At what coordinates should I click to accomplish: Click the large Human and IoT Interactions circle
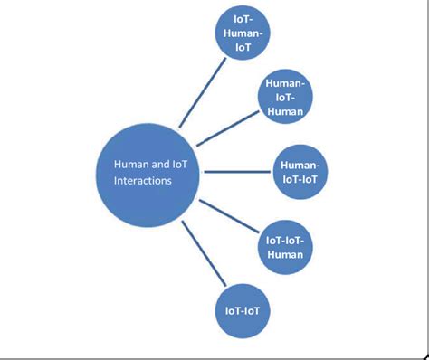(x=148, y=173)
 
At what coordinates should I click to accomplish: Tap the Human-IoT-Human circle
(x=286, y=97)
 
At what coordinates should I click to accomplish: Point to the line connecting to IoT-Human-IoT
(x=200, y=91)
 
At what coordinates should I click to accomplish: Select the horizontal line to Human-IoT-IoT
(x=236, y=168)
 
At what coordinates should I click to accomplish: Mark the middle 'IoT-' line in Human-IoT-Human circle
(x=286, y=97)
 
